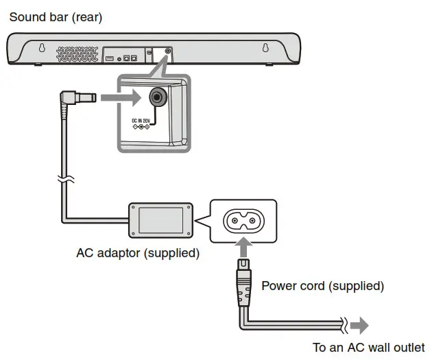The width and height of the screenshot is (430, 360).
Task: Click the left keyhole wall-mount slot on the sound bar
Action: pos(43,49)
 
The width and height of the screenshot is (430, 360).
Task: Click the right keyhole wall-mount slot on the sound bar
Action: pos(265,49)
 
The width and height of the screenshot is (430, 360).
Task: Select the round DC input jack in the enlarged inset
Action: pos(158,98)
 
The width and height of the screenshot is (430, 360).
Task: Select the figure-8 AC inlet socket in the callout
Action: pos(243,220)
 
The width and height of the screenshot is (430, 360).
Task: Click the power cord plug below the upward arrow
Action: pos(243,281)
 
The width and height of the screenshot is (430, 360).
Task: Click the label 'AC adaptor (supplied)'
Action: pos(138,253)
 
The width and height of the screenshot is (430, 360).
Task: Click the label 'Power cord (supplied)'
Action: pos(322,285)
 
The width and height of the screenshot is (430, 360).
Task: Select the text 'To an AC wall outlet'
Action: pos(368,347)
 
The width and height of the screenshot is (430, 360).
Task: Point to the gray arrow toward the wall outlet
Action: pos(359,324)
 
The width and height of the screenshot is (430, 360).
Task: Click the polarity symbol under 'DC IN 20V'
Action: pos(140,129)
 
